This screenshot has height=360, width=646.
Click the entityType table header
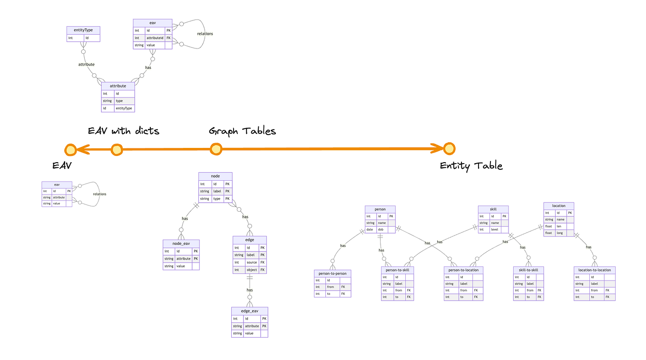(x=83, y=30)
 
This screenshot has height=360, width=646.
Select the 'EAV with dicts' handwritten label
(x=123, y=131)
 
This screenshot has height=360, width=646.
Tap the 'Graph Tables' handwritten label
(x=242, y=131)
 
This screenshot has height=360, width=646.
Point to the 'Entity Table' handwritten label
(x=471, y=166)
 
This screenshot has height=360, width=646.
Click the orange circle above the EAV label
(x=71, y=149)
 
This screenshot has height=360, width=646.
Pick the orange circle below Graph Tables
(x=216, y=149)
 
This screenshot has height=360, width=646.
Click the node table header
(x=215, y=176)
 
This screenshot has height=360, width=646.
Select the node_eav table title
(x=181, y=243)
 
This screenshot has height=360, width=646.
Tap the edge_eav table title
(x=249, y=311)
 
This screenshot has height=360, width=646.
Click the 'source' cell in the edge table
(x=252, y=263)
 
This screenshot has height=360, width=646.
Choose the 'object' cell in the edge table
(x=252, y=270)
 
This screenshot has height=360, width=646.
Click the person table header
(x=380, y=209)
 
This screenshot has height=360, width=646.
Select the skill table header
(x=493, y=209)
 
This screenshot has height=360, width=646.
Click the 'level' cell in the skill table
(x=495, y=230)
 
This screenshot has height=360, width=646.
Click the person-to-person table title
(x=333, y=273)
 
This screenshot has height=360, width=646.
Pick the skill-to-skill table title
(x=528, y=270)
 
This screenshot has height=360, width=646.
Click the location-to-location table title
(x=595, y=270)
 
